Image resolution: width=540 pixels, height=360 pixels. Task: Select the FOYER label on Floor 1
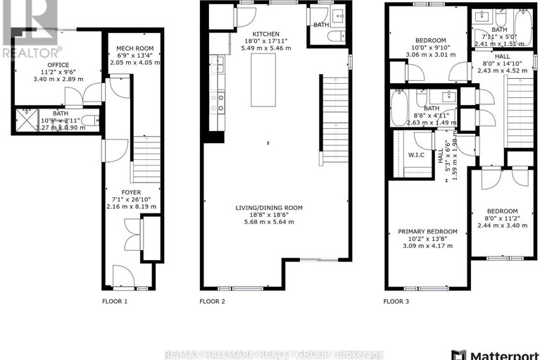click(x=131, y=192)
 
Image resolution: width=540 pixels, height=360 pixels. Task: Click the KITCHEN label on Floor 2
click(x=267, y=34)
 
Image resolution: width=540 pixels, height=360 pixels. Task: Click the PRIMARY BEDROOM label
click(x=427, y=231)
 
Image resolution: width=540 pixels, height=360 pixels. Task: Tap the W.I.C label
click(x=415, y=154)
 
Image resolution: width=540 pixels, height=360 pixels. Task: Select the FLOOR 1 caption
click(x=115, y=301)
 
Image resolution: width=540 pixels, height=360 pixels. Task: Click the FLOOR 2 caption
click(x=212, y=301)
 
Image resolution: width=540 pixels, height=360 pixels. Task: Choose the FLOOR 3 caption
click(x=396, y=301)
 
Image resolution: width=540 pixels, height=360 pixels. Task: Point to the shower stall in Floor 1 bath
click(x=25, y=120)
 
